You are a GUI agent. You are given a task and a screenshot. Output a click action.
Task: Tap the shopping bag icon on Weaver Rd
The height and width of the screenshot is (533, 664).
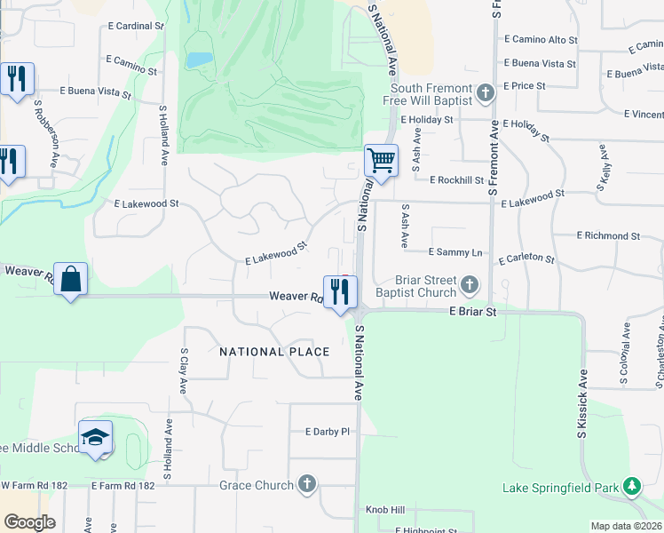coord(70,279)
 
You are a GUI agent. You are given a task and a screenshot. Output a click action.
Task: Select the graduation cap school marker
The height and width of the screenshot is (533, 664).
coord(95,438)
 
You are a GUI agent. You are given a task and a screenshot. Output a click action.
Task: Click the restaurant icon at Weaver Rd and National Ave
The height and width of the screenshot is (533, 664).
coord(340,292)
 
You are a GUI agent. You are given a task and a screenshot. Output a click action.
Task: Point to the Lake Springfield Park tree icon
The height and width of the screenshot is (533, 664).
coord(631,487)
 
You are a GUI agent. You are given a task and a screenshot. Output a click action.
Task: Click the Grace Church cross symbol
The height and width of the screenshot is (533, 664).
coord(306,485)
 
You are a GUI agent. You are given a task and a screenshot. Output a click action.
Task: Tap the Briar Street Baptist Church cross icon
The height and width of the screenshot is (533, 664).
coord(469,286)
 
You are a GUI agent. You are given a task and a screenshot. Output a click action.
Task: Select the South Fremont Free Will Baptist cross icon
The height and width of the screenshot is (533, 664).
coord(485,93)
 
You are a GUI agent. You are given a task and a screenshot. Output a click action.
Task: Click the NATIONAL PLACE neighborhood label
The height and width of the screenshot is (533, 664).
coord(274,352)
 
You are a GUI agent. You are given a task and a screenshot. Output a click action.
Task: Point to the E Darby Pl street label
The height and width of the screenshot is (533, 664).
coord(328,432)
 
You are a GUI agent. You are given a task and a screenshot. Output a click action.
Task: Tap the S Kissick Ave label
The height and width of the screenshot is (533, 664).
coord(583,403)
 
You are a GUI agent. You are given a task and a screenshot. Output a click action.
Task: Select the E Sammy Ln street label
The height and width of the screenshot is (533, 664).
coord(455,253)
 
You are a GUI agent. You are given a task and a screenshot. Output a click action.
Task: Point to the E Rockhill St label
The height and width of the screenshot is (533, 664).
coord(456,180)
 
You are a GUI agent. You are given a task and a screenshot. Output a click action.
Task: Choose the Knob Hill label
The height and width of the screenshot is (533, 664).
coord(385,511)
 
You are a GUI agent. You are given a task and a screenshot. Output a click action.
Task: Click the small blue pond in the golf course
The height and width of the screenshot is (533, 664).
coord(200,60)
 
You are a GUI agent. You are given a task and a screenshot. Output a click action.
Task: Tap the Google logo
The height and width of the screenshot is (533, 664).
coord(29,522)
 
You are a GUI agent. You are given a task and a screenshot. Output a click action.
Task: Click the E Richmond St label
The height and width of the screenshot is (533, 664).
coord(608,236)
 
